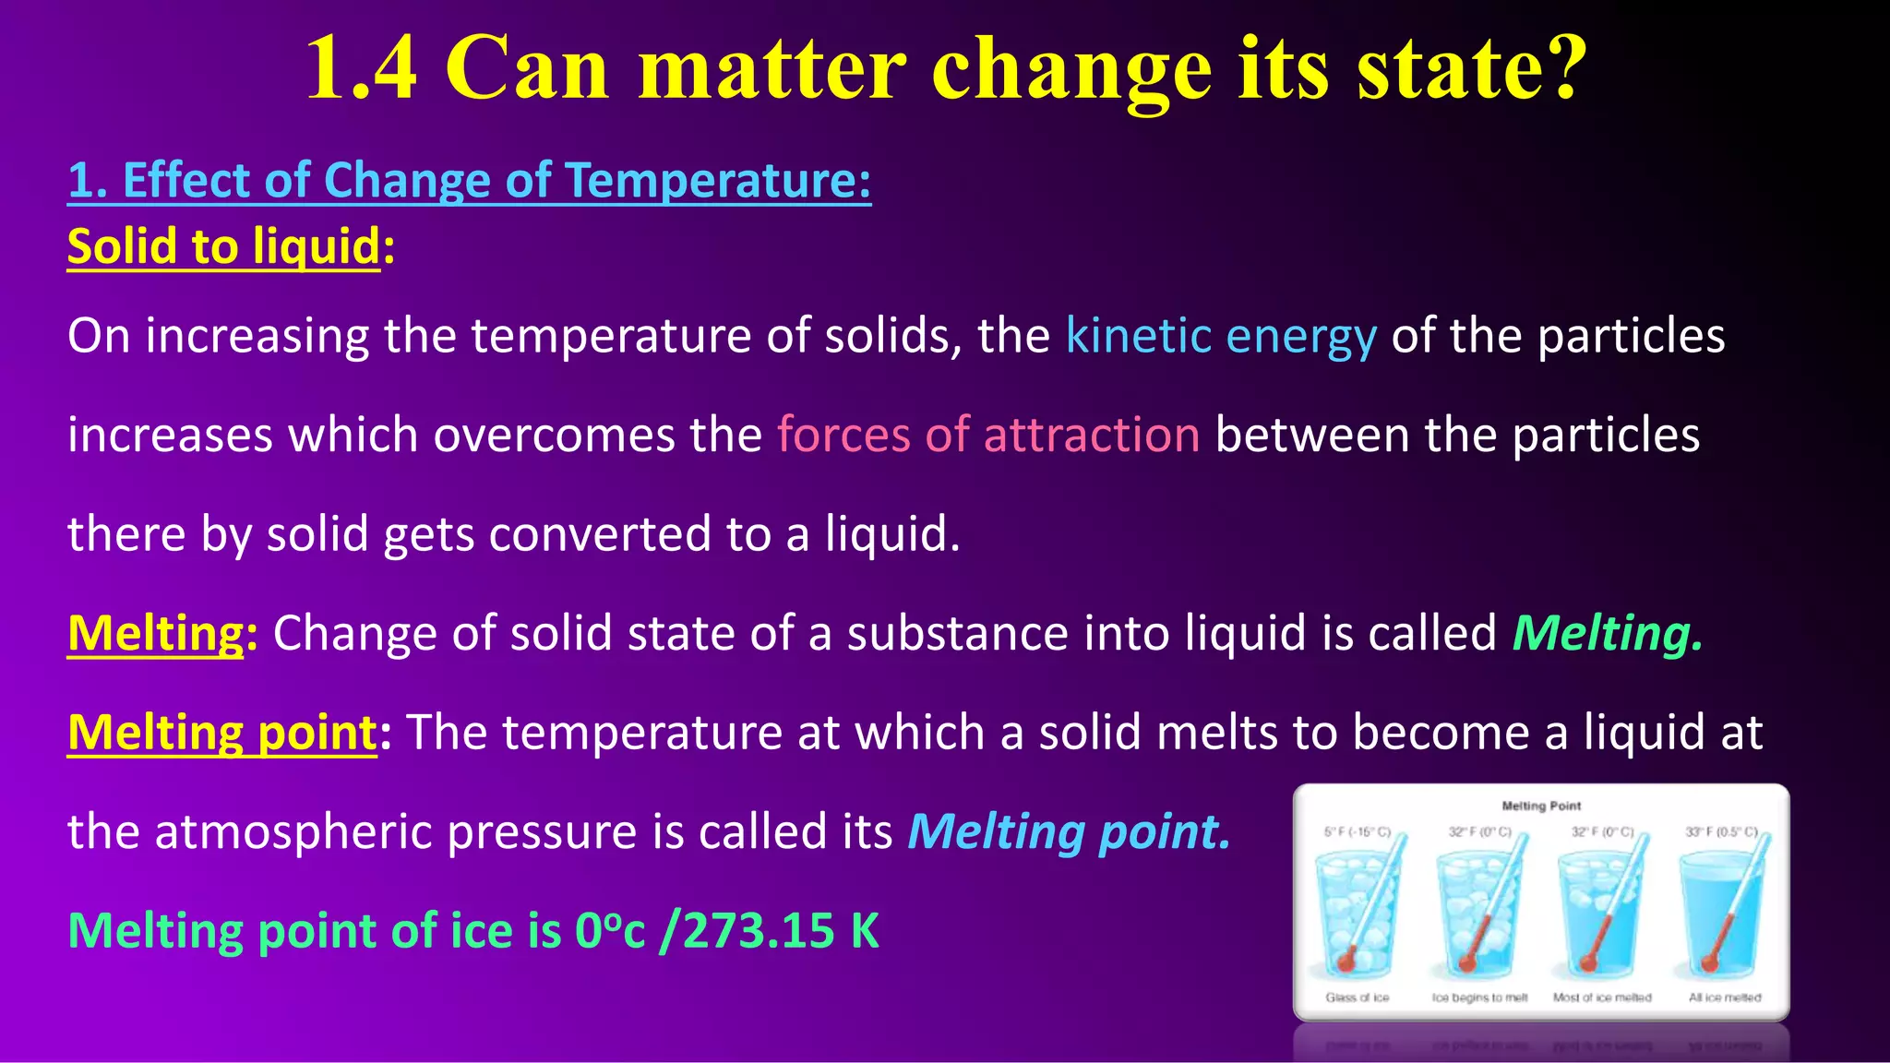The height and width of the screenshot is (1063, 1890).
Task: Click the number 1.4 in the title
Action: [361, 68]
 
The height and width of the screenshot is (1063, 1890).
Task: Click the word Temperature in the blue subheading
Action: [718, 180]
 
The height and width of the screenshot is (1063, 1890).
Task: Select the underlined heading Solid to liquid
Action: [223, 247]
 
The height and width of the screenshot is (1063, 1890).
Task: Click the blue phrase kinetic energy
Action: [1220, 336]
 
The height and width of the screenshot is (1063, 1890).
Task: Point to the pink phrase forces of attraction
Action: [987, 435]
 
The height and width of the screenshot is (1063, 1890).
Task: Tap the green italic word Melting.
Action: [1607, 634]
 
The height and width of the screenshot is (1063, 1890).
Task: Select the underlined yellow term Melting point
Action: [222, 733]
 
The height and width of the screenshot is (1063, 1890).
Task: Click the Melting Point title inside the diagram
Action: [1541, 806]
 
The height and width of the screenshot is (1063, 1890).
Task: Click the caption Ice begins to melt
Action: [1479, 997]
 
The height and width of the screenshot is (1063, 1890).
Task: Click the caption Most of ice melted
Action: [1602, 997]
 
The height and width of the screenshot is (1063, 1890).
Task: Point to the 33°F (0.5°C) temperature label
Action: [1722, 831]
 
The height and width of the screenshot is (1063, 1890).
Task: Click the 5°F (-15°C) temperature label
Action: [1357, 831]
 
